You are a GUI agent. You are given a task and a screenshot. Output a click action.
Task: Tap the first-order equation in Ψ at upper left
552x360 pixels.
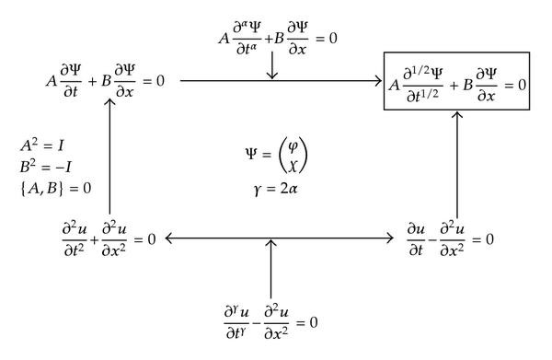click(104, 81)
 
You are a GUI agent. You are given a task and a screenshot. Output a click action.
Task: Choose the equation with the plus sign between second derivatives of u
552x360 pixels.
click(103, 238)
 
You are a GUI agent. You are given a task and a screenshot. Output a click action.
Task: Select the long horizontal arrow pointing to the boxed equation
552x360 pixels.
click(281, 81)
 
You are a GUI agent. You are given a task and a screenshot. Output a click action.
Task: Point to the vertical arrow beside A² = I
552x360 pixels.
click(110, 157)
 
